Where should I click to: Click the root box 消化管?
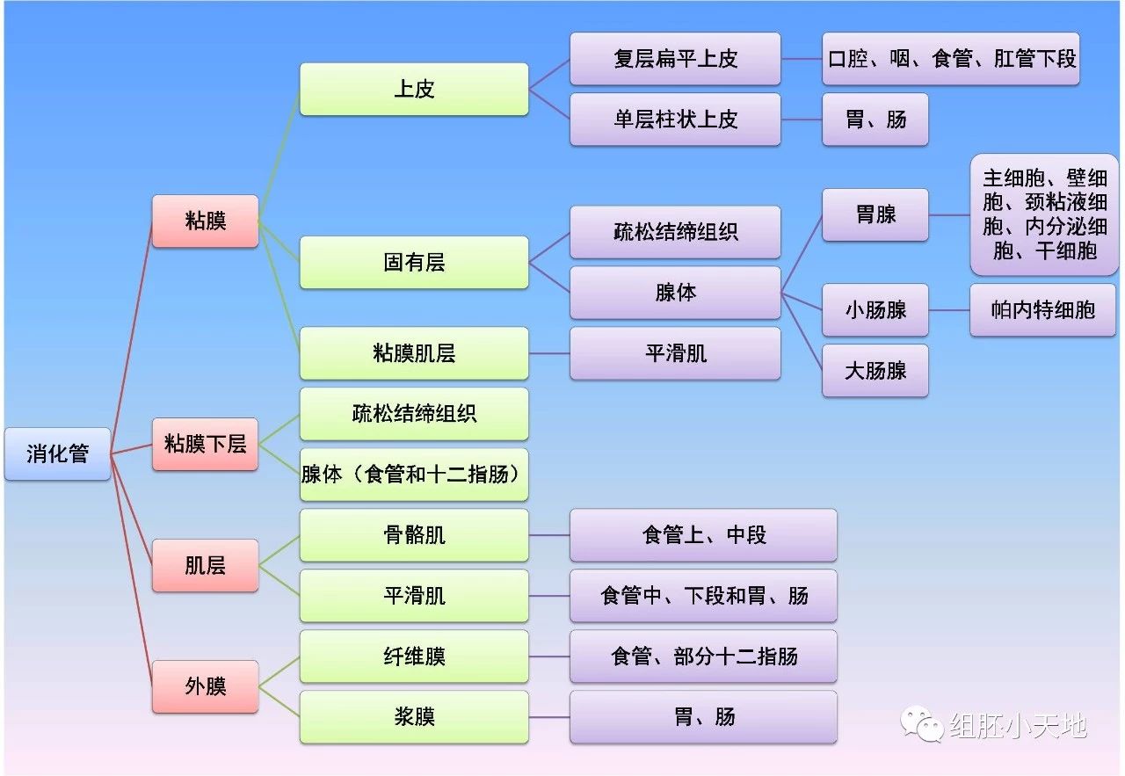57,453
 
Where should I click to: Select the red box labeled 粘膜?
205,221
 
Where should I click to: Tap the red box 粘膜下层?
205,444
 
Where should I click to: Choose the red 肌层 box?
205,565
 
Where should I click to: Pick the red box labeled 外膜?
205,686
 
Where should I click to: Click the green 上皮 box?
414,89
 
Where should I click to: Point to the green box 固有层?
414,262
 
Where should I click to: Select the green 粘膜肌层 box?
414,353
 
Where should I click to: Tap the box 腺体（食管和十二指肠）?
414,475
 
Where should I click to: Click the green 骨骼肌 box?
414,534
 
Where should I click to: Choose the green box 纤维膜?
414,656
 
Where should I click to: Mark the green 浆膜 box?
414,716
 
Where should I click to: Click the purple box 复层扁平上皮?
675,59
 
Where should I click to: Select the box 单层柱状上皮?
675,120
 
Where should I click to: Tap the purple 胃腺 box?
875,214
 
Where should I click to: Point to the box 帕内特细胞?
1042,309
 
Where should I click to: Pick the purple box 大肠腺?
875,370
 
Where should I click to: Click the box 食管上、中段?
703,534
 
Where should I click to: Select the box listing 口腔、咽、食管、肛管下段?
950,59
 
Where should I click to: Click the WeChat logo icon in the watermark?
920,726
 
